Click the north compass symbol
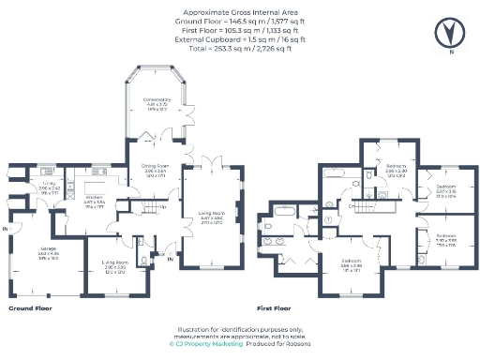click(450, 34)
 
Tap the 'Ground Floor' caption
click(30, 307)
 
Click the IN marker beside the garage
click(6, 229)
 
